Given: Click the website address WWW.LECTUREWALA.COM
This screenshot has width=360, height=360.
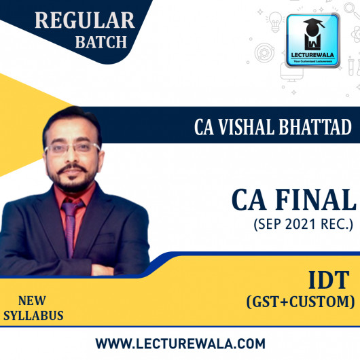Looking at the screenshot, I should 179,343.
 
